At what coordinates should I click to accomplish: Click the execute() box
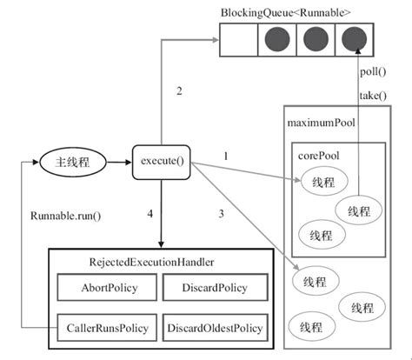pyautogui.click(x=162, y=162)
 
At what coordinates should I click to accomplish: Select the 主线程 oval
pyautogui.click(x=73, y=163)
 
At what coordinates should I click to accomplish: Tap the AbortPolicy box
pyautogui.click(x=107, y=288)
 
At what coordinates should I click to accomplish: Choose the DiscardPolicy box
pyautogui.click(x=215, y=288)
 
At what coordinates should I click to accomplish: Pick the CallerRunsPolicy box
pyautogui.click(x=107, y=328)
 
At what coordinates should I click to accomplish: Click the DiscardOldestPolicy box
pyautogui.click(x=215, y=328)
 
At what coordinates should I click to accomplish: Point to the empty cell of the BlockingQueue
pyautogui.click(x=238, y=40)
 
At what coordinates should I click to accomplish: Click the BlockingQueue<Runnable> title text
pyautogui.click(x=286, y=13)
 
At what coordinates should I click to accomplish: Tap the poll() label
pyautogui.click(x=373, y=71)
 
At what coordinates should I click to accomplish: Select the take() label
pyautogui.click(x=373, y=96)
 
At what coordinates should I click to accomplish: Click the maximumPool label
pyautogui.click(x=321, y=123)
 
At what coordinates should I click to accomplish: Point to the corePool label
pyautogui.click(x=318, y=156)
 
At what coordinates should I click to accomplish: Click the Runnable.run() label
pyautogui.click(x=66, y=216)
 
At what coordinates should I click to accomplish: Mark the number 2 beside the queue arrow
pyautogui.click(x=179, y=91)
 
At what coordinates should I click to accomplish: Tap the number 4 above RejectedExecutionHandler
pyautogui.click(x=150, y=214)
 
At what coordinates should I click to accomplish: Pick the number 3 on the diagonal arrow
pyautogui.click(x=222, y=214)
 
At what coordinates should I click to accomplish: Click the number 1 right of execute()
pyautogui.click(x=226, y=157)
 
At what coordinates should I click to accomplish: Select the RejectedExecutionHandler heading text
pyautogui.click(x=151, y=262)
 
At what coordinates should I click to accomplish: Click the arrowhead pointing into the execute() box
pyautogui.click(x=129, y=163)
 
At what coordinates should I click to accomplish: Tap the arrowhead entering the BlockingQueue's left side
pyautogui.click(x=216, y=40)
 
